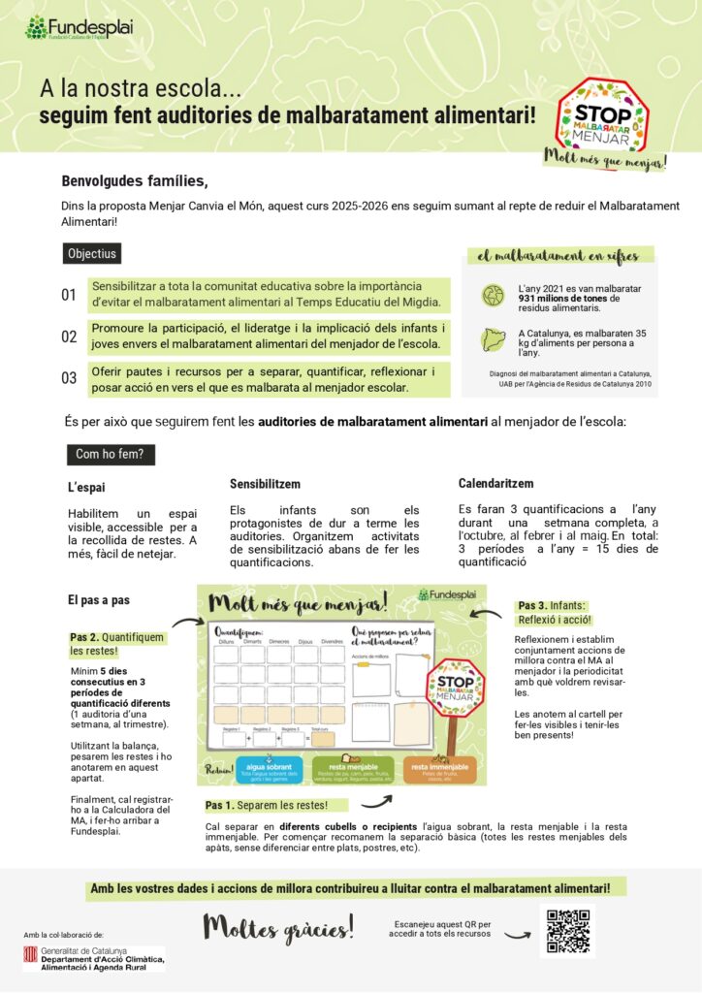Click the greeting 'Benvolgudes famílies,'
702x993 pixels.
[135, 180]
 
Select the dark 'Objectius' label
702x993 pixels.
[92, 254]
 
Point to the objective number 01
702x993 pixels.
[69, 294]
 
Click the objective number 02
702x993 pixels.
[69, 336]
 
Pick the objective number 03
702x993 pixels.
[69, 378]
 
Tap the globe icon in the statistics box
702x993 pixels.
[494, 293]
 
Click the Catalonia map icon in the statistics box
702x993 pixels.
[494, 338]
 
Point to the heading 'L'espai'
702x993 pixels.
[86, 488]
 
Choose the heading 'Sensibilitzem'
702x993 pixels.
[265, 484]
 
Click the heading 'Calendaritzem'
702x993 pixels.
[495, 483]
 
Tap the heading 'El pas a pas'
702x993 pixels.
[99, 600]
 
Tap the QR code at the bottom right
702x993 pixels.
[567, 931]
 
